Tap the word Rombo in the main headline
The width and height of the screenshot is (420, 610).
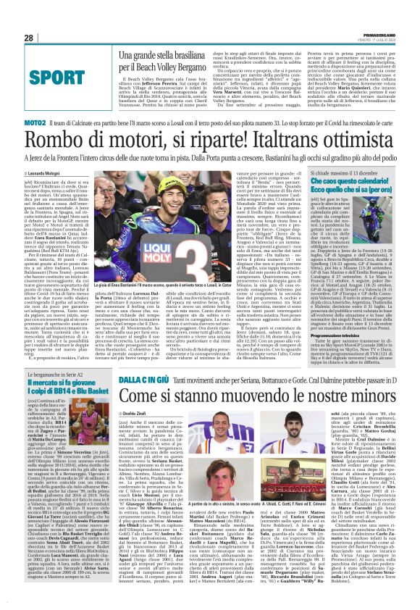[69, 145]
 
